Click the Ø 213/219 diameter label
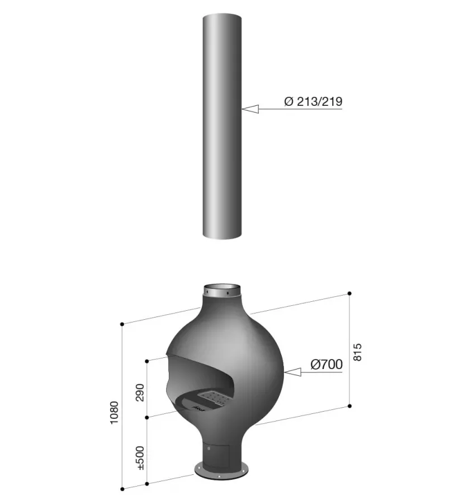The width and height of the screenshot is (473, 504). tap(313, 101)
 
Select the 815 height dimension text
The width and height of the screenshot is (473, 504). tap(358, 352)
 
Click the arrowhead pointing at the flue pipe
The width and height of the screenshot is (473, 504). tap(250, 109)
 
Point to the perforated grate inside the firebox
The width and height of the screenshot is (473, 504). tap(212, 399)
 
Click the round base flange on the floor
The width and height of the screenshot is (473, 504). tap(221, 470)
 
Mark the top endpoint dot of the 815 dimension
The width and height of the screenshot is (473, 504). tap(349, 293)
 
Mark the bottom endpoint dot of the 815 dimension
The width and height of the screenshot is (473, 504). tap(349, 406)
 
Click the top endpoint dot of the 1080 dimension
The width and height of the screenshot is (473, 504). tap(122, 324)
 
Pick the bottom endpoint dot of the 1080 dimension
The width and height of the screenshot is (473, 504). tap(122, 489)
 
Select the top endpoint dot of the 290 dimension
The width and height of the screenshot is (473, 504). tap(146, 361)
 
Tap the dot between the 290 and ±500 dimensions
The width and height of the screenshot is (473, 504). tap(146, 418)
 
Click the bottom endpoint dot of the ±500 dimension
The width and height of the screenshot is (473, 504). tap(146, 483)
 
